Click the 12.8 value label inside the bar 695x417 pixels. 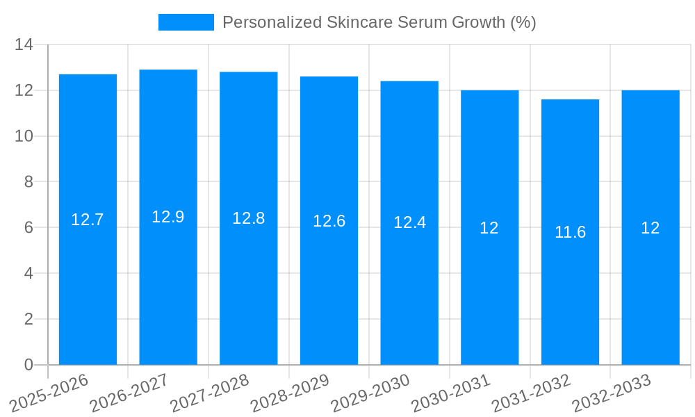[x=248, y=218]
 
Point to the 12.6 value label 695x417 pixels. [x=329, y=221]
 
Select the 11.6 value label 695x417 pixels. [x=570, y=232]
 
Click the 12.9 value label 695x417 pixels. [x=168, y=217]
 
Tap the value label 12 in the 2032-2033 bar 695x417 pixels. [x=650, y=228]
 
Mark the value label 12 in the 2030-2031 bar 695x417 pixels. [x=489, y=228]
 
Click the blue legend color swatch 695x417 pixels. [x=186, y=22]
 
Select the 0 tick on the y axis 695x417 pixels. [x=28, y=365]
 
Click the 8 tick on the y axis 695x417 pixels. [x=28, y=182]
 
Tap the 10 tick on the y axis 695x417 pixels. [x=24, y=136]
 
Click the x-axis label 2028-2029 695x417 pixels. [x=290, y=393]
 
